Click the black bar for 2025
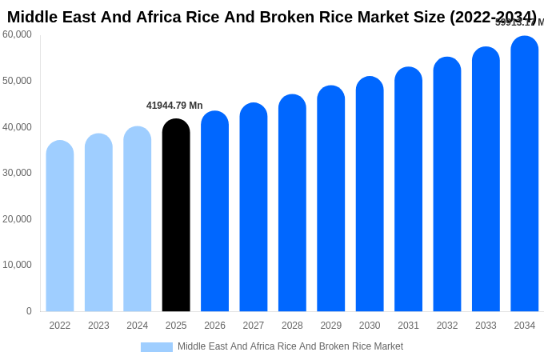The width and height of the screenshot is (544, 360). point(176,215)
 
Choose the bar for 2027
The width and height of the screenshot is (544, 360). point(254,207)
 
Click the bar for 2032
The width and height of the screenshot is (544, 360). point(447,184)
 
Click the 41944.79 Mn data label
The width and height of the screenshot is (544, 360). point(174,106)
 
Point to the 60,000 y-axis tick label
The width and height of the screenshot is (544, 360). point(18,34)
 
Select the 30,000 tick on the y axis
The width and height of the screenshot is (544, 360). point(18,173)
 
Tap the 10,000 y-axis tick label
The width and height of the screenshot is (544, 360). point(18,265)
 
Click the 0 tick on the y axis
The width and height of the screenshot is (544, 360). point(29,311)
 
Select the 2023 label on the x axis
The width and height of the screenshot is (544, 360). point(98,326)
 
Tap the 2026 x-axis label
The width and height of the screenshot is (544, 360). point(214,326)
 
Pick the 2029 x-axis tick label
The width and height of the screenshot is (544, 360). point(331,326)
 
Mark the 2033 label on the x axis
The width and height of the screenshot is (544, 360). point(486,326)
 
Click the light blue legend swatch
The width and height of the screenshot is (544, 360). point(157,347)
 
